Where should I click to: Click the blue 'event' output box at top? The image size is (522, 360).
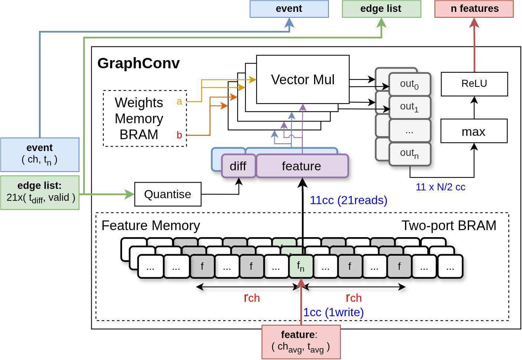pos(289,9)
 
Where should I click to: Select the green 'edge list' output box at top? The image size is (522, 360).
pos(381,9)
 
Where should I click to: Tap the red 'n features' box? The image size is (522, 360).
pos(474,9)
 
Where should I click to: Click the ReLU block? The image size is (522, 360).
pos(474,84)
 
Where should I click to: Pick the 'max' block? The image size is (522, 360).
pos(474,131)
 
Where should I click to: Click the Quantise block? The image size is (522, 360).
pos(167,194)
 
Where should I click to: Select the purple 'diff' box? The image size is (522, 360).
pos(238,166)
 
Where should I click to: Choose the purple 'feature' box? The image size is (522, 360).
pos(301,166)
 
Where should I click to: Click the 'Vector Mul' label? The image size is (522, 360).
pos(303,80)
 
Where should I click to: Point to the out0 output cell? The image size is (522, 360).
pos(410,85)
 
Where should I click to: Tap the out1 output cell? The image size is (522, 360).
pos(410,107)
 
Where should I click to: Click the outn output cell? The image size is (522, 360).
pos(410,154)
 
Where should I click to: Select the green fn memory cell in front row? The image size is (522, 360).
pos(301,266)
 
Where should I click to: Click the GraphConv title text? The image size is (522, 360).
pos(138,63)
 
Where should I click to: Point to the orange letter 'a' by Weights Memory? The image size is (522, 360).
pos(179,101)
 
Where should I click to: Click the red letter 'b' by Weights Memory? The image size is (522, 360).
pos(179,135)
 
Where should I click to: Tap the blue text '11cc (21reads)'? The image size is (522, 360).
pos(348,200)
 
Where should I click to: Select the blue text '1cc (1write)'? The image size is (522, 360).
pos(333,312)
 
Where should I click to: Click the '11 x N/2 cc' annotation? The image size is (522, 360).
pos(440,187)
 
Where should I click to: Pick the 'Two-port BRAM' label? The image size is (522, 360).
pos(448,226)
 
